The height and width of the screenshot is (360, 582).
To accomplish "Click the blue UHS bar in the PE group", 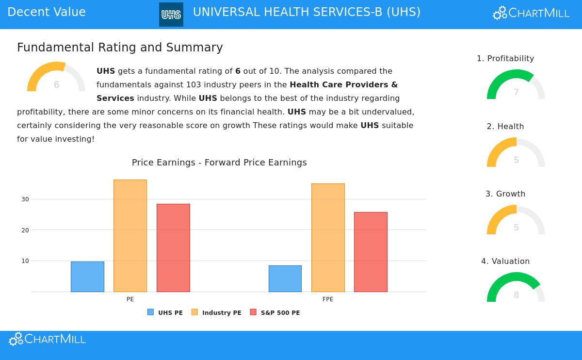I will [x=87, y=277].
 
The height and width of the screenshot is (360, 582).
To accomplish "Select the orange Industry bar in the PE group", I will [x=130, y=236].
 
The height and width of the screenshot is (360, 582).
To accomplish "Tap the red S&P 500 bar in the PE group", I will [x=173, y=247].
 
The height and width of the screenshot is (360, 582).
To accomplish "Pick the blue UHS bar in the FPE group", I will [x=285, y=278].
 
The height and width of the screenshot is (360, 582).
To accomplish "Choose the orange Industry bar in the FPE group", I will [x=328, y=238].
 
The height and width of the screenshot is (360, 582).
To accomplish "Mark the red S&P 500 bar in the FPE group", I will [x=371, y=252].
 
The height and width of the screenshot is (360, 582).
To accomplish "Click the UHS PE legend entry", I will [x=165, y=312].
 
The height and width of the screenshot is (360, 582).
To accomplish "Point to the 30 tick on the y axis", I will [x=25, y=199].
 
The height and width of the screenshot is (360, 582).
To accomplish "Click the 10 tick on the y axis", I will [x=25, y=261].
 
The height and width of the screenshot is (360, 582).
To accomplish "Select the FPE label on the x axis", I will [x=328, y=299].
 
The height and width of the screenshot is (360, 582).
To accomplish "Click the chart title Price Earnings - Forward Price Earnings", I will [x=219, y=163].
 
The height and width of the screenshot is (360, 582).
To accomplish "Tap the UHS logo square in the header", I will [x=171, y=15].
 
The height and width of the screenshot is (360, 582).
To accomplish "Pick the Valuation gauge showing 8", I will [x=516, y=289].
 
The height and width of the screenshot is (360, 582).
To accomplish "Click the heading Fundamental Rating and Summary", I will [x=120, y=48].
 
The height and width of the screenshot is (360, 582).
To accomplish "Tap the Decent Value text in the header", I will [x=47, y=12].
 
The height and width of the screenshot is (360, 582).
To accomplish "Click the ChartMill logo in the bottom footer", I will [x=47, y=339].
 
